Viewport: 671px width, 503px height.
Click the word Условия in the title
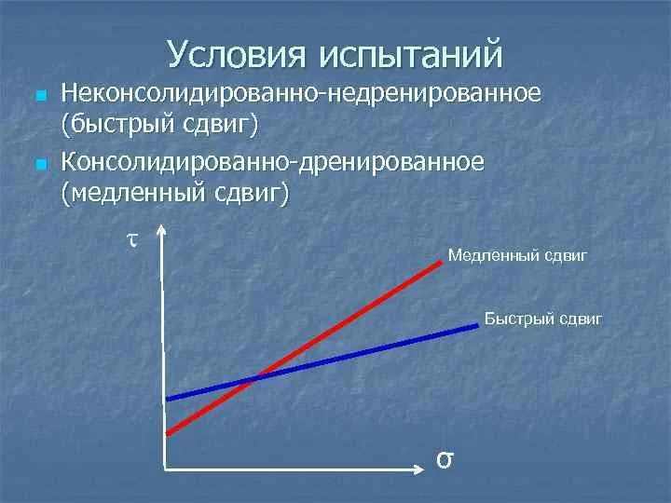pos(238,54)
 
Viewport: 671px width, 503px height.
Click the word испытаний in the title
pos(411,54)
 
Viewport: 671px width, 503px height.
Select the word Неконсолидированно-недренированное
pos(300,94)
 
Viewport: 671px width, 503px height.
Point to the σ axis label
pos(445,459)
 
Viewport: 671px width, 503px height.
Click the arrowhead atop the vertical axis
pos(164,231)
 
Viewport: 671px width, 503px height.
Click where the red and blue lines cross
pos(253,378)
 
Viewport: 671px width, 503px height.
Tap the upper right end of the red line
pos(441,263)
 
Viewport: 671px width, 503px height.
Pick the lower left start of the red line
pos(168,432)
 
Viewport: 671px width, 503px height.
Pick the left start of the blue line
pos(168,399)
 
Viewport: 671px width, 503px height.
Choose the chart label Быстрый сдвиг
pos(543,319)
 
